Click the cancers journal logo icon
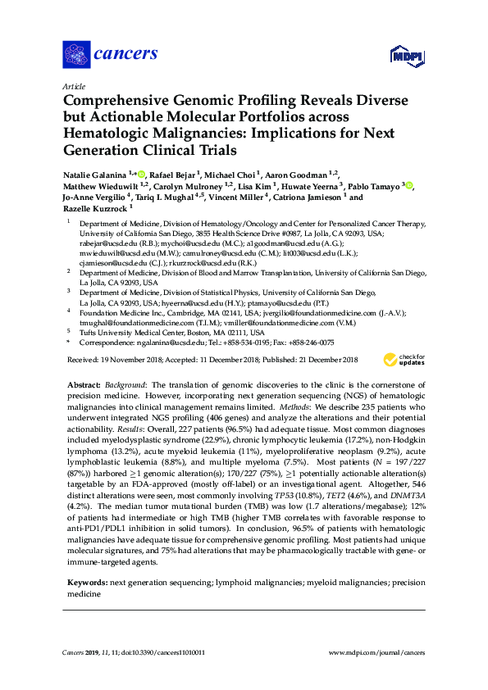(76, 55)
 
